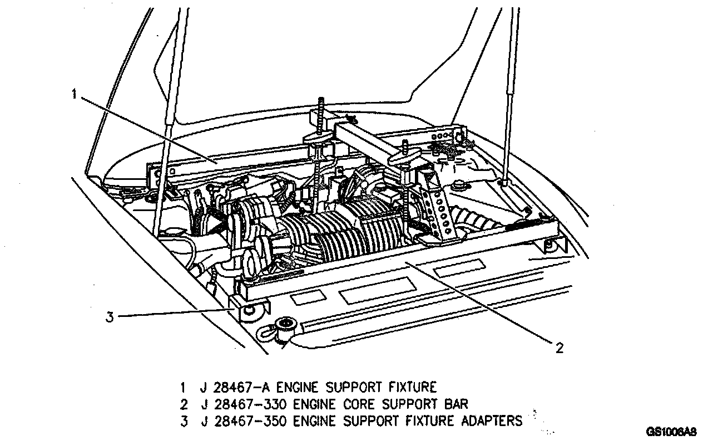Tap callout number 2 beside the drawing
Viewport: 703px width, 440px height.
coord(559,348)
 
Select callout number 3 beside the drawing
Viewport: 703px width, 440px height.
coord(110,317)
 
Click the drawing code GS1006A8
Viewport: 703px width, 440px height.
coord(671,432)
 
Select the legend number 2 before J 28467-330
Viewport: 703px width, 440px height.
coord(183,404)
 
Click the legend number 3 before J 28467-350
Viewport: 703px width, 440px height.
coord(183,421)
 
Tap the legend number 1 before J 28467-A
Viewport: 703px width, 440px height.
coord(183,387)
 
